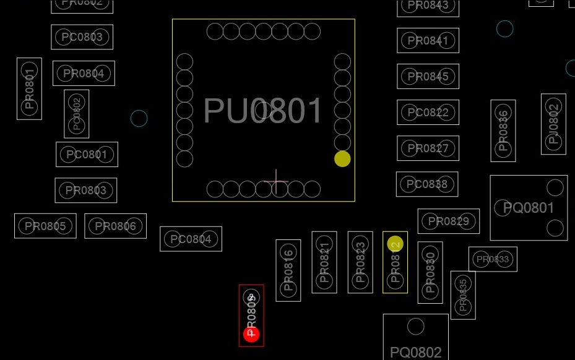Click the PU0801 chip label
(263, 111)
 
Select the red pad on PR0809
(251, 335)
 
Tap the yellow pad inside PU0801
(342, 159)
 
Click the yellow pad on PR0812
(396, 244)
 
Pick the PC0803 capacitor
(82, 37)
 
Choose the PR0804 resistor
(84, 74)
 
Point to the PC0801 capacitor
(87, 155)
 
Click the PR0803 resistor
(85, 191)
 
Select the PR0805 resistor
(45, 226)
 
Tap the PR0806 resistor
(116, 226)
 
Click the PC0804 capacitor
(191, 239)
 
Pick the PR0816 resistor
(288, 271)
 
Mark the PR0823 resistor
(360, 262)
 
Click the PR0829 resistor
(449, 221)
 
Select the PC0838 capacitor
(427, 184)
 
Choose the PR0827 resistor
(428, 148)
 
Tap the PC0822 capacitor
(428, 113)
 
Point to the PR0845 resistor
(428, 77)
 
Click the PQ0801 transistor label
(529, 208)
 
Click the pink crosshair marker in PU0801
(275, 182)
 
